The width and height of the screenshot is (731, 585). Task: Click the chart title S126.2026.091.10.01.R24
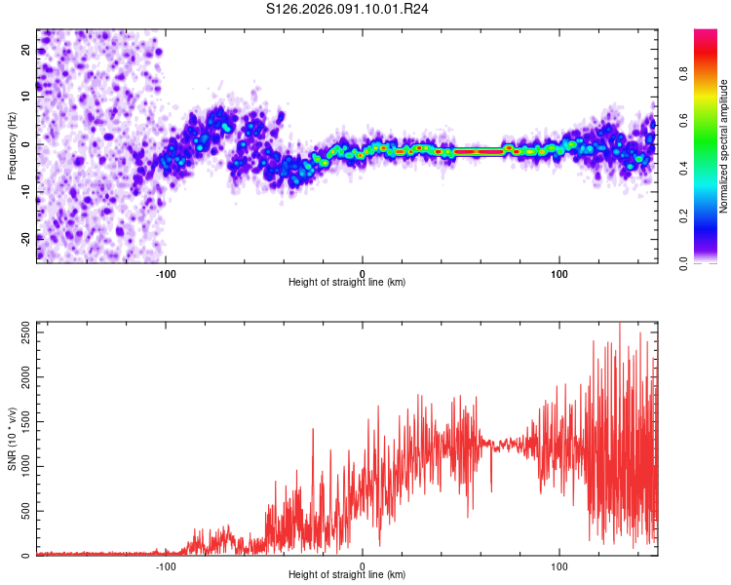click(x=348, y=10)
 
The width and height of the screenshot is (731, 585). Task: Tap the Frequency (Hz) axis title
click(x=12, y=145)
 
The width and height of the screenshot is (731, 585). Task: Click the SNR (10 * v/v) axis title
click(x=12, y=438)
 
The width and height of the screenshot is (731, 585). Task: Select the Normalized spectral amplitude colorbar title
click(x=724, y=147)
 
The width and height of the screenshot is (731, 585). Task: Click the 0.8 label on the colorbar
click(x=708, y=75)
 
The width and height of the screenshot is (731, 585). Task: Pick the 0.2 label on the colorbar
click(x=708, y=215)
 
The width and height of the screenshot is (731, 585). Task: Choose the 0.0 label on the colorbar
click(x=708, y=262)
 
